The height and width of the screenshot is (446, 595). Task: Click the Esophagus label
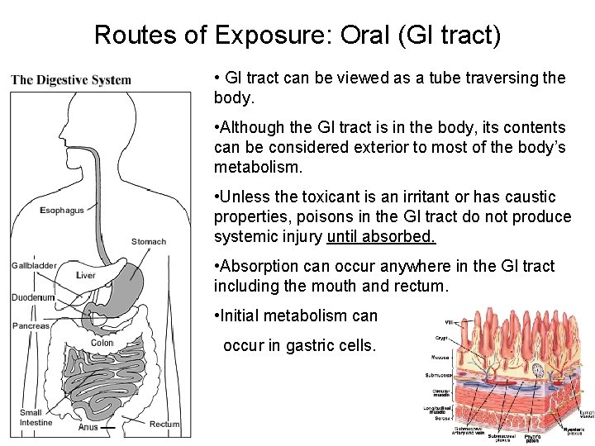click(62, 211)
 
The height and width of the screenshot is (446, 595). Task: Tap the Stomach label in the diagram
click(149, 242)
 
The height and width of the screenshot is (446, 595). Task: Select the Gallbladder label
click(34, 265)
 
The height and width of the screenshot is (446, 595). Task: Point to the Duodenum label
click(33, 297)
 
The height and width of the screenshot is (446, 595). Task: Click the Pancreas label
click(31, 325)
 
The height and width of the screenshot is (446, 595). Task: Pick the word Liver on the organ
click(86, 275)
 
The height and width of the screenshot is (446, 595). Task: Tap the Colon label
click(102, 343)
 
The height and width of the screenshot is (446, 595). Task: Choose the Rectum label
click(164, 425)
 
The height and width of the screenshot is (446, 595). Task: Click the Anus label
click(88, 428)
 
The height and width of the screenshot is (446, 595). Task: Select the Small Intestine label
click(36, 418)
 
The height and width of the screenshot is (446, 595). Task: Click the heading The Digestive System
click(71, 80)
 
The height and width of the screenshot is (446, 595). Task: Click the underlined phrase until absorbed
click(381, 236)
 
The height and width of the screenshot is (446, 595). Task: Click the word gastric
click(307, 345)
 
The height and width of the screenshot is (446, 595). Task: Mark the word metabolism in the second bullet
click(256, 167)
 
